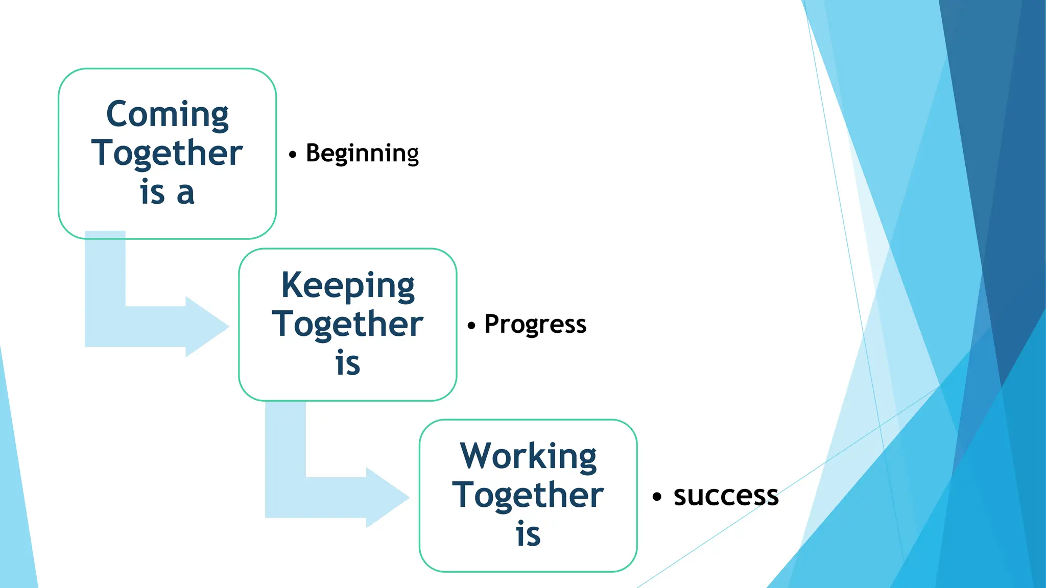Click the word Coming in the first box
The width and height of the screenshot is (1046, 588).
tap(167, 114)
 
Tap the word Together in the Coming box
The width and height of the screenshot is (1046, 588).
tap(167, 153)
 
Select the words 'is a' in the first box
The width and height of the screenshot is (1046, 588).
tap(167, 193)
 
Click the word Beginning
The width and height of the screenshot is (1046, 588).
tap(362, 153)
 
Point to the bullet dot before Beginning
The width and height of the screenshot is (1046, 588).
tap(293, 154)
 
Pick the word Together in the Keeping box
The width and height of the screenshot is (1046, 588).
tap(347, 324)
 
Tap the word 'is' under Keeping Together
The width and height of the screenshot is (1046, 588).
tap(347, 363)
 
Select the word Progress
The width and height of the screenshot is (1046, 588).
tap(535, 324)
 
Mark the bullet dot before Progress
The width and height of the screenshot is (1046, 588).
tap(471, 325)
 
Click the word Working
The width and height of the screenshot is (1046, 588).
tap(528, 456)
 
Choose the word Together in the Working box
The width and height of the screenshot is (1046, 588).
tap(528, 495)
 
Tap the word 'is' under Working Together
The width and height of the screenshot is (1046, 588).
tap(528, 534)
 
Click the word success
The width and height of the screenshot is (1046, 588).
tap(726, 495)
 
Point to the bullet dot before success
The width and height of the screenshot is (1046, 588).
tap(657, 496)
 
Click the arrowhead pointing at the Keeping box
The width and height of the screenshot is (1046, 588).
tap(207, 327)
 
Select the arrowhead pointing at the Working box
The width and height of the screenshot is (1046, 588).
tap(387, 498)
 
